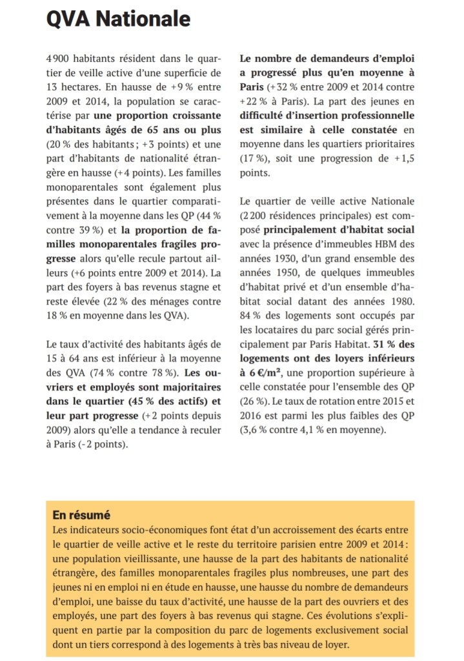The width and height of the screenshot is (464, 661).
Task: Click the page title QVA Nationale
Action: [x=119, y=19]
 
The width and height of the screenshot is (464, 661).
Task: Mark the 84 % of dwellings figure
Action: [x=250, y=315]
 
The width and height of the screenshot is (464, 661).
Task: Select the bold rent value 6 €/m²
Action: [x=264, y=372]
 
